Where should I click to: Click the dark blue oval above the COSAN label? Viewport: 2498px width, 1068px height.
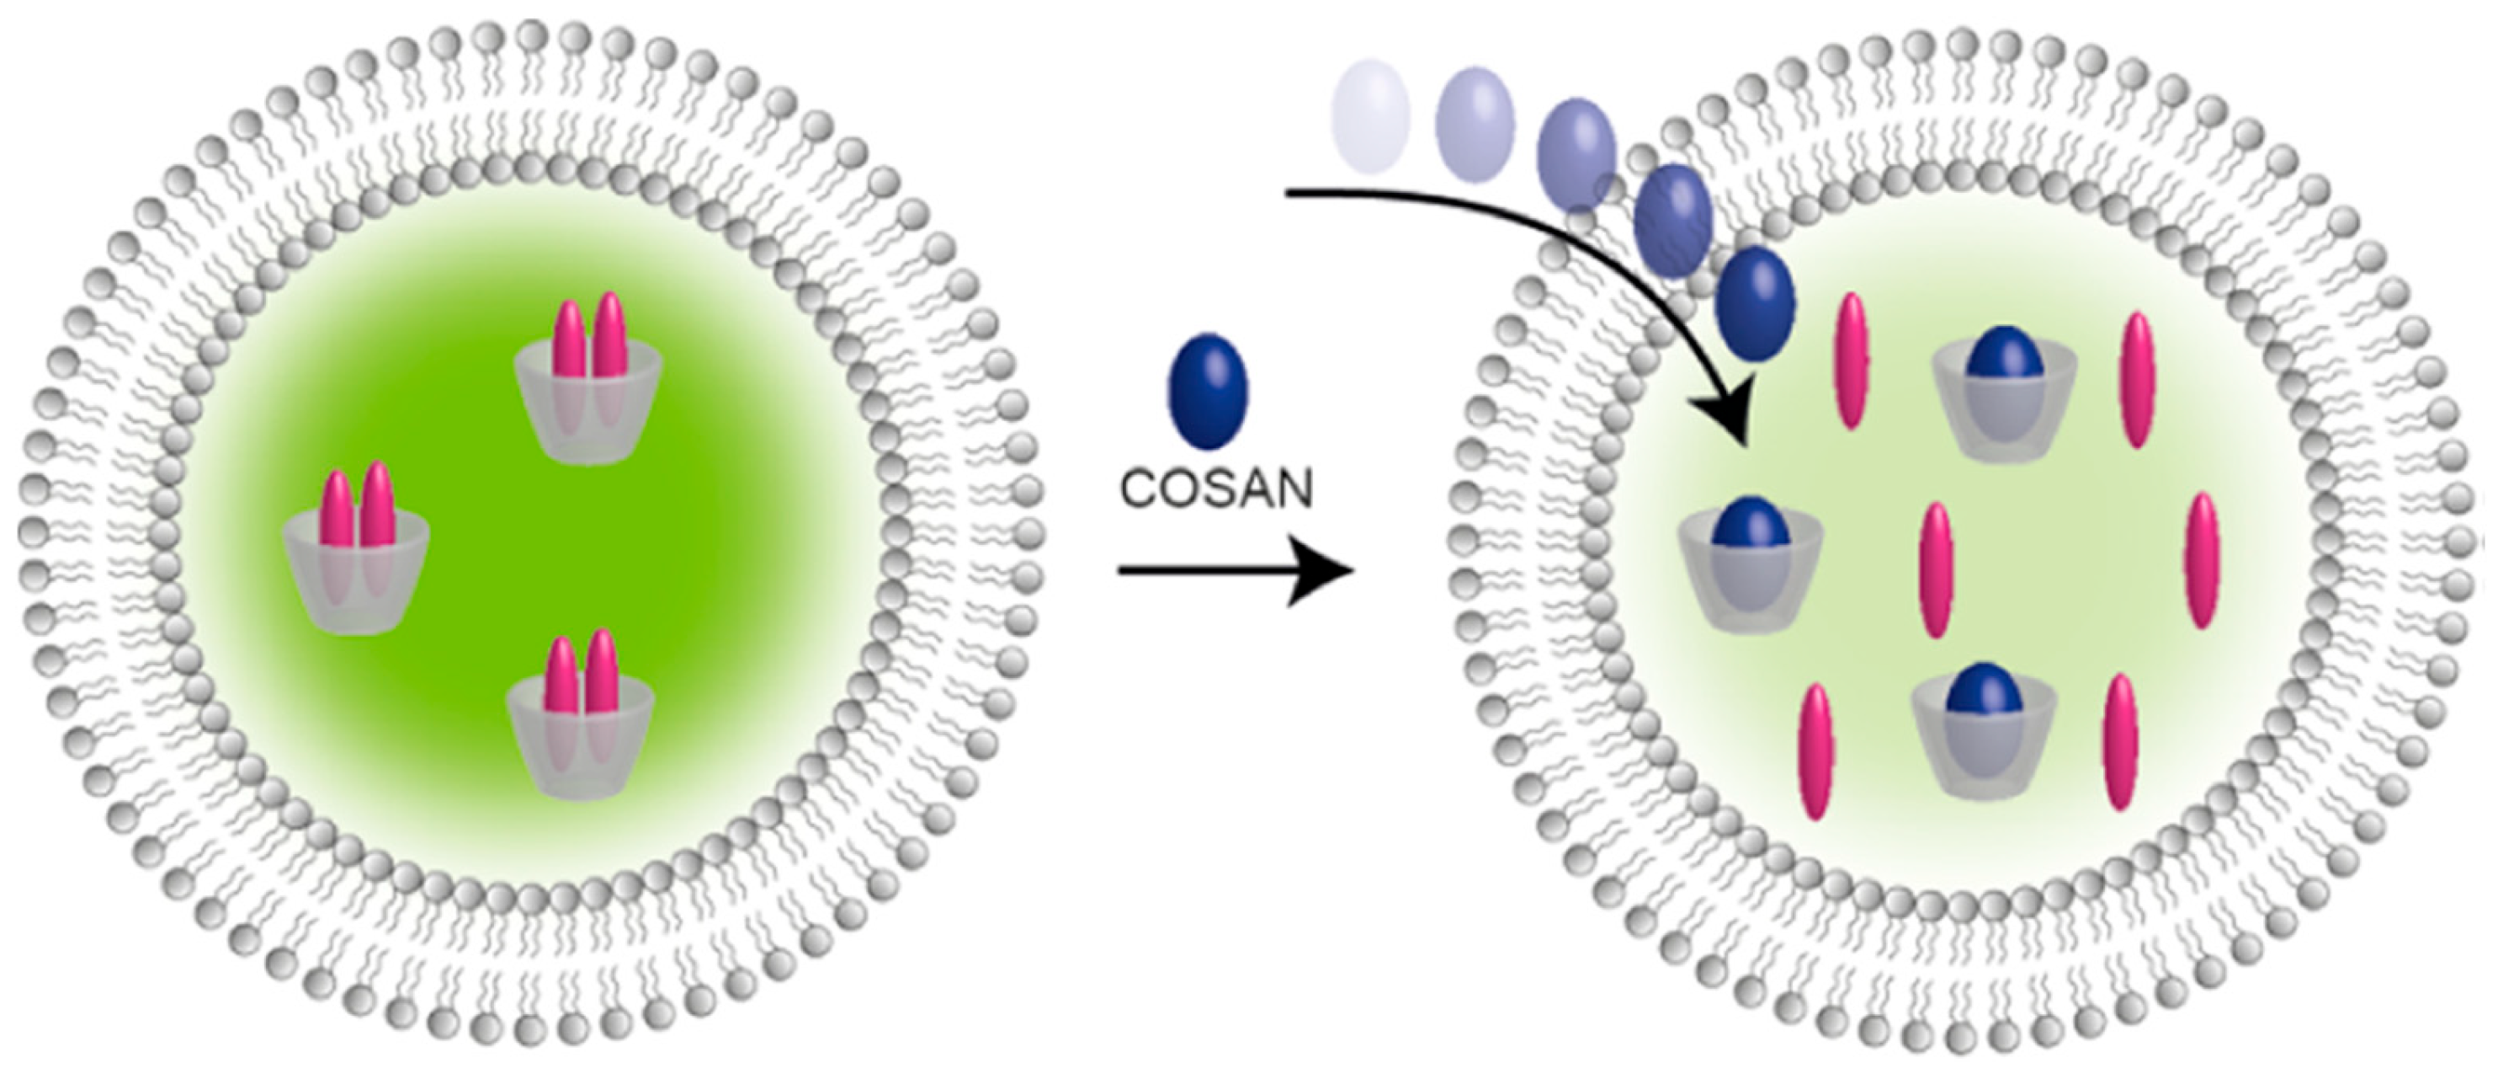[1207, 391]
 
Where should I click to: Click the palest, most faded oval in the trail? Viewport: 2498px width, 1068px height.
[1371, 115]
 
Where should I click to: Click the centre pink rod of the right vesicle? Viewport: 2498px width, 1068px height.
[1936, 570]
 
